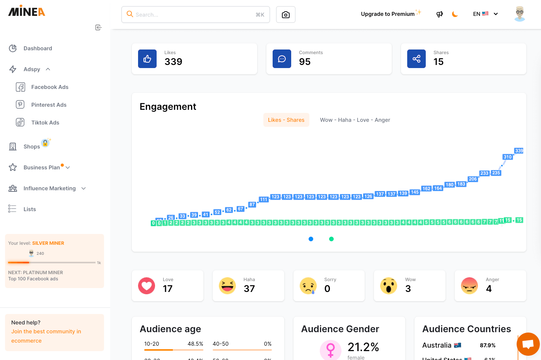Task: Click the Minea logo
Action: [x=27, y=12]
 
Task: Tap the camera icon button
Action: [x=286, y=15]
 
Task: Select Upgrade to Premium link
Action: [x=387, y=14]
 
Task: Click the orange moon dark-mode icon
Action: [x=455, y=14]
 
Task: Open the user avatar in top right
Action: [x=519, y=14]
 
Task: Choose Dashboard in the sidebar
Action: [x=38, y=48]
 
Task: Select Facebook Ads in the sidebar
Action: [x=49, y=87]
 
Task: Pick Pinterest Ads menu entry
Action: [x=49, y=105]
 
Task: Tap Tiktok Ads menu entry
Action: [x=45, y=123]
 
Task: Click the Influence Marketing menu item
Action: [x=49, y=188]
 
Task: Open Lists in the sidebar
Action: [x=29, y=209]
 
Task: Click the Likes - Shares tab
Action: [x=286, y=120]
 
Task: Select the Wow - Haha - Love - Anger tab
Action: [x=355, y=120]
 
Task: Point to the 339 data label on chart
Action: [x=519, y=151]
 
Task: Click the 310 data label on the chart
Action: [x=507, y=157]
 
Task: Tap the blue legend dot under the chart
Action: [x=311, y=239]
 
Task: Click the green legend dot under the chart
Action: [x=331, y=239]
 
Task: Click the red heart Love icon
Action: [x=147, y=286]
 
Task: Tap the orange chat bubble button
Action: [x=528, y=344]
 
